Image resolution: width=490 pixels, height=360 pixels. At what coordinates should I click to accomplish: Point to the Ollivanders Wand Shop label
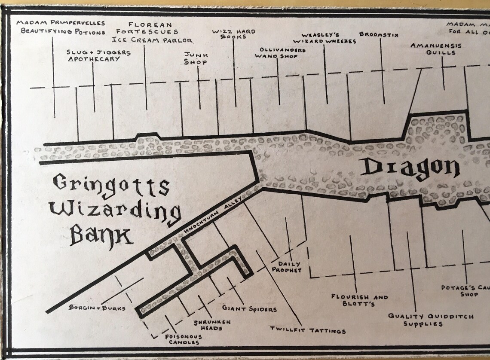(280, 53)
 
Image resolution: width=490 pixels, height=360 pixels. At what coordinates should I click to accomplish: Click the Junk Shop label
(196, 58)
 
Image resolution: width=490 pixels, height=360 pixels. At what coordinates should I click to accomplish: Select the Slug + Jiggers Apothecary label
(99, 55)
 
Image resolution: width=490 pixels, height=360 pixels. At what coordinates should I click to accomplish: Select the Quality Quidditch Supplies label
(431, 320)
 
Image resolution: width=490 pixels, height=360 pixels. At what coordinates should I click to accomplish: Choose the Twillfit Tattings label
(308, 330)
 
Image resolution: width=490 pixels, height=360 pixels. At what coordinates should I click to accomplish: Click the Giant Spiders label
(249, 309)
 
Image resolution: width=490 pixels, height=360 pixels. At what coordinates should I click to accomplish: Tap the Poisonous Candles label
(183, 339)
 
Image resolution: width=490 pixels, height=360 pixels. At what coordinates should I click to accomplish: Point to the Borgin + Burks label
(97, 308)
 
